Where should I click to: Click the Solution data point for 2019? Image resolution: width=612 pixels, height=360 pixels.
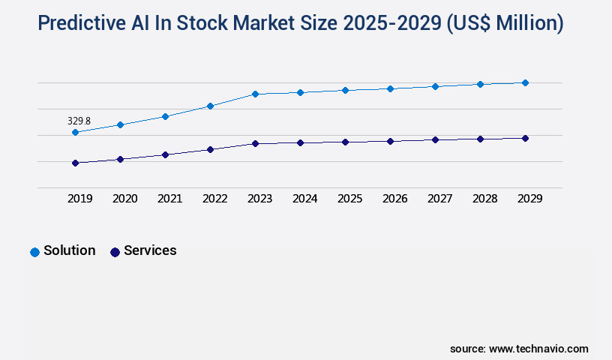point(75,132)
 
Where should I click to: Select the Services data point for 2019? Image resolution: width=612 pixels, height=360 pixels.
point(75,163)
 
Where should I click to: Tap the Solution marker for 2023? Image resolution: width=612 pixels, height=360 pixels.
point(255,94)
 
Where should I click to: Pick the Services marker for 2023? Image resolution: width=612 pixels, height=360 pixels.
point(255,143)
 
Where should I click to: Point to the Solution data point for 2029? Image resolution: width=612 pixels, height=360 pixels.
point(525,82)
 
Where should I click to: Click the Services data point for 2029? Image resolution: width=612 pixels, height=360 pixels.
point(525,138)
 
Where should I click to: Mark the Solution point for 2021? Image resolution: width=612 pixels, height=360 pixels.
point(165,116)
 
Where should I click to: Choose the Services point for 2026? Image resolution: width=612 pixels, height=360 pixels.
point(390,141)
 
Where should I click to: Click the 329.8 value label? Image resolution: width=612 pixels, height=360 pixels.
point(79,121)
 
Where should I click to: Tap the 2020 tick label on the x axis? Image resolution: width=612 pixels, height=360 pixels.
point(124,199)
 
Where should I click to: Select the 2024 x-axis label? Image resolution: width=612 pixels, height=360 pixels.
point(304,199)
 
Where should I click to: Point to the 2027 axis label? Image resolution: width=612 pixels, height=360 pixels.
point(439,199)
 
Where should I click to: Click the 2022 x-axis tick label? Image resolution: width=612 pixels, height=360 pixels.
point(214,199)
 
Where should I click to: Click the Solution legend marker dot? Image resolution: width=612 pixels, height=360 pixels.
point(34,252)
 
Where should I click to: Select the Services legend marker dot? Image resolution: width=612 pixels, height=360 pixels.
point(115,252)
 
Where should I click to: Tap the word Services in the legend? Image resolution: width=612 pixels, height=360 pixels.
point(150,250)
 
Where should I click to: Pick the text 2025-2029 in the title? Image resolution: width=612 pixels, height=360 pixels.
point(391,24)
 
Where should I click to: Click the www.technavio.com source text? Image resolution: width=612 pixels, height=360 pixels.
point(538,349)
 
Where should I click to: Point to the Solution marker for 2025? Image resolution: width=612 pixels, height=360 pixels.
point(345,90)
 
